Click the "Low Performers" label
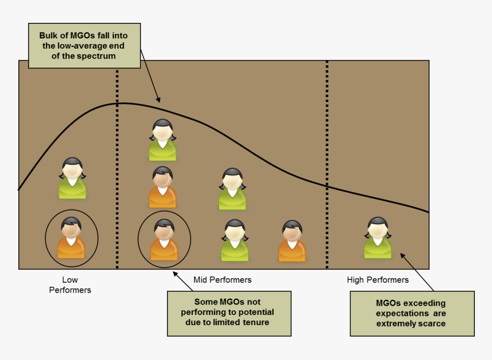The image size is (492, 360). coord(70,285)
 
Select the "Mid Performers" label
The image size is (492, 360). coord(223,280)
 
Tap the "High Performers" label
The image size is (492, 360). coord(378,280)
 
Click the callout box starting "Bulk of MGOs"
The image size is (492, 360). coord(85,46)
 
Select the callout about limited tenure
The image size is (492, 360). coord(229,313)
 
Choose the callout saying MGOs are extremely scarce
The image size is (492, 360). coord(412,313)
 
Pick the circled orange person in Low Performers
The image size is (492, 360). coord(72,238)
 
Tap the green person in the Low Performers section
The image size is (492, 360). coord(72,179)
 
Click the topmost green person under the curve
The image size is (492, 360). coord(162,140)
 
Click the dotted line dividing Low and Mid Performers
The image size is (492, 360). coord(117,172)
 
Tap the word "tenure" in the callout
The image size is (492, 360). coord(255,322)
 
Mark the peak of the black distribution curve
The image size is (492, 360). coord(122,103)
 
